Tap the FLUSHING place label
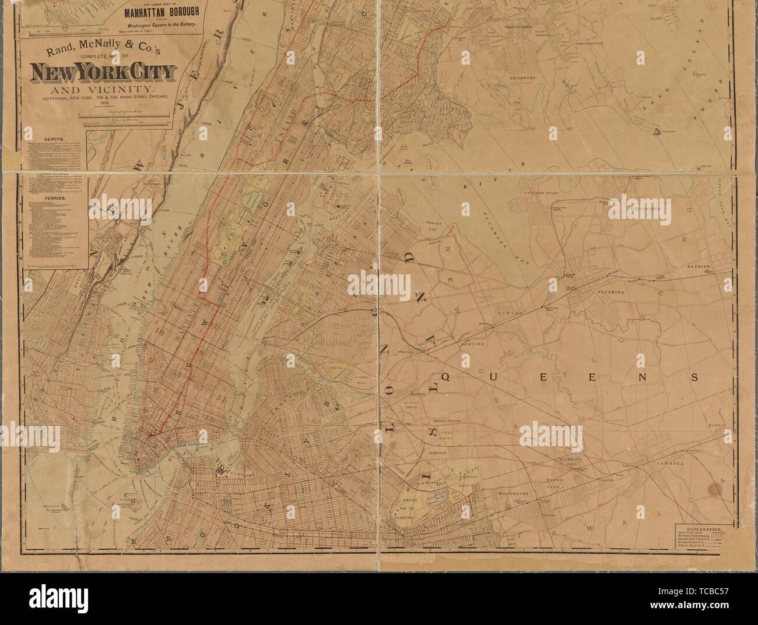pyautogui.click(x=610, y=291)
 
